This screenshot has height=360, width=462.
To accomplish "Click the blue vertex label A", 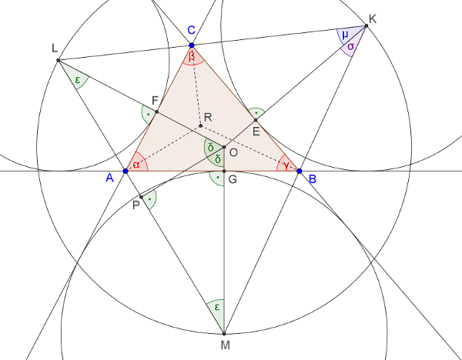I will (x=109, y=178).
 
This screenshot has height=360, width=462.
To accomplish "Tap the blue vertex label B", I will (x=312, y=179).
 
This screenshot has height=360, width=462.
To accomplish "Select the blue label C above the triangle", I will (x=192, y=30).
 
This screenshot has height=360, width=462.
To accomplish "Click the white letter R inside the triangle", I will (x=208, y=117).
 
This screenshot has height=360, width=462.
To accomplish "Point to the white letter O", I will (x=233, y=153).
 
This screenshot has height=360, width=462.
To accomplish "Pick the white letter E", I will (x=256, y=131).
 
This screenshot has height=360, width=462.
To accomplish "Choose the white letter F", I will (x=155, y=101).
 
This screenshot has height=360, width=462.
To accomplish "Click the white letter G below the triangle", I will (x=233, y=180).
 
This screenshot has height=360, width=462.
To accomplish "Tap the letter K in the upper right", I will (x=373, y=19).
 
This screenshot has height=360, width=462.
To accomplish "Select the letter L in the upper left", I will (x=55, y=48).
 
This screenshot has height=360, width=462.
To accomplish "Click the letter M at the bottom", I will (x=225, y=345).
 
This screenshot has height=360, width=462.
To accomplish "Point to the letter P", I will (x=136, y=205).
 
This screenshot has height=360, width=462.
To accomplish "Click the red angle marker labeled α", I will (x=136, y=165).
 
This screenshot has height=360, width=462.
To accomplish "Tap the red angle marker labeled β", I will (x=192, y=56).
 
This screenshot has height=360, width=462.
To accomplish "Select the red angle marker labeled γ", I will (x=287, y=165).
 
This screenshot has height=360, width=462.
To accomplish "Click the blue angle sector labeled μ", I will (x=346, y=35).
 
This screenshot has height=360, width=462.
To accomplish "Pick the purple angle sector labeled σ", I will (x=350, y=47).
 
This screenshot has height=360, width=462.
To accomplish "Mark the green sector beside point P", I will (x=150, y=199).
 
